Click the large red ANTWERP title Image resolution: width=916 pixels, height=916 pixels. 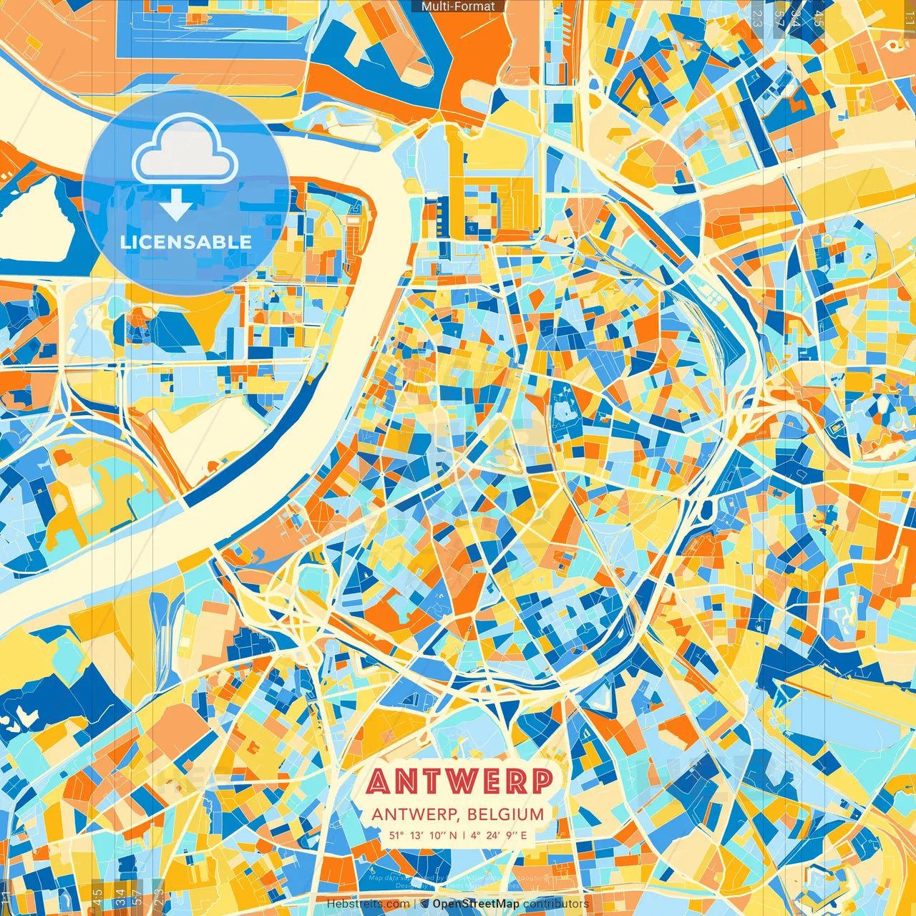[x=459, y=781]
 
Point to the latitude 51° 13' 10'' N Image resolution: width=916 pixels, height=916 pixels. [x=423, y=835]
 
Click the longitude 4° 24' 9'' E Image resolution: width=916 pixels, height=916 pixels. [x=499, y=835]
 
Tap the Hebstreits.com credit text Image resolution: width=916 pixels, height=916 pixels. [x=368, y=904]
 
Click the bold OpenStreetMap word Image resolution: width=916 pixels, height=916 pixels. [x=476, y=904]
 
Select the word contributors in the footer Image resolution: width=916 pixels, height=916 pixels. [x=556, y=904]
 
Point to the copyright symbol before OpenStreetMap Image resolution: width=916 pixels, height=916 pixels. [x=424, y=904]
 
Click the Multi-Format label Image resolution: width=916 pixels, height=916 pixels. [x=458, y=6]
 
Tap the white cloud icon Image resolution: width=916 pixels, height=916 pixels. [x=185, y=151]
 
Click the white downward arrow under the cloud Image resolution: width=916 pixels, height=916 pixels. [x=176, y=208]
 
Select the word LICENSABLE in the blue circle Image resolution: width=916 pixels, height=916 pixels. [x=186, y=242]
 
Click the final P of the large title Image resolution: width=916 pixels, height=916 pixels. [x=541, y=781]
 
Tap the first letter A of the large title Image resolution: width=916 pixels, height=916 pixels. [x=379, y=781]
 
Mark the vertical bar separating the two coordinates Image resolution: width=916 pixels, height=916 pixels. [x=464, y=835]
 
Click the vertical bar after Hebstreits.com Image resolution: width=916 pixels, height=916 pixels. [x=415, y=904]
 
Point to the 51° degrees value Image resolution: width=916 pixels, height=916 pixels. [x=396, y=835]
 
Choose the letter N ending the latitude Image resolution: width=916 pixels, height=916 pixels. [x=453, y=835]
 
